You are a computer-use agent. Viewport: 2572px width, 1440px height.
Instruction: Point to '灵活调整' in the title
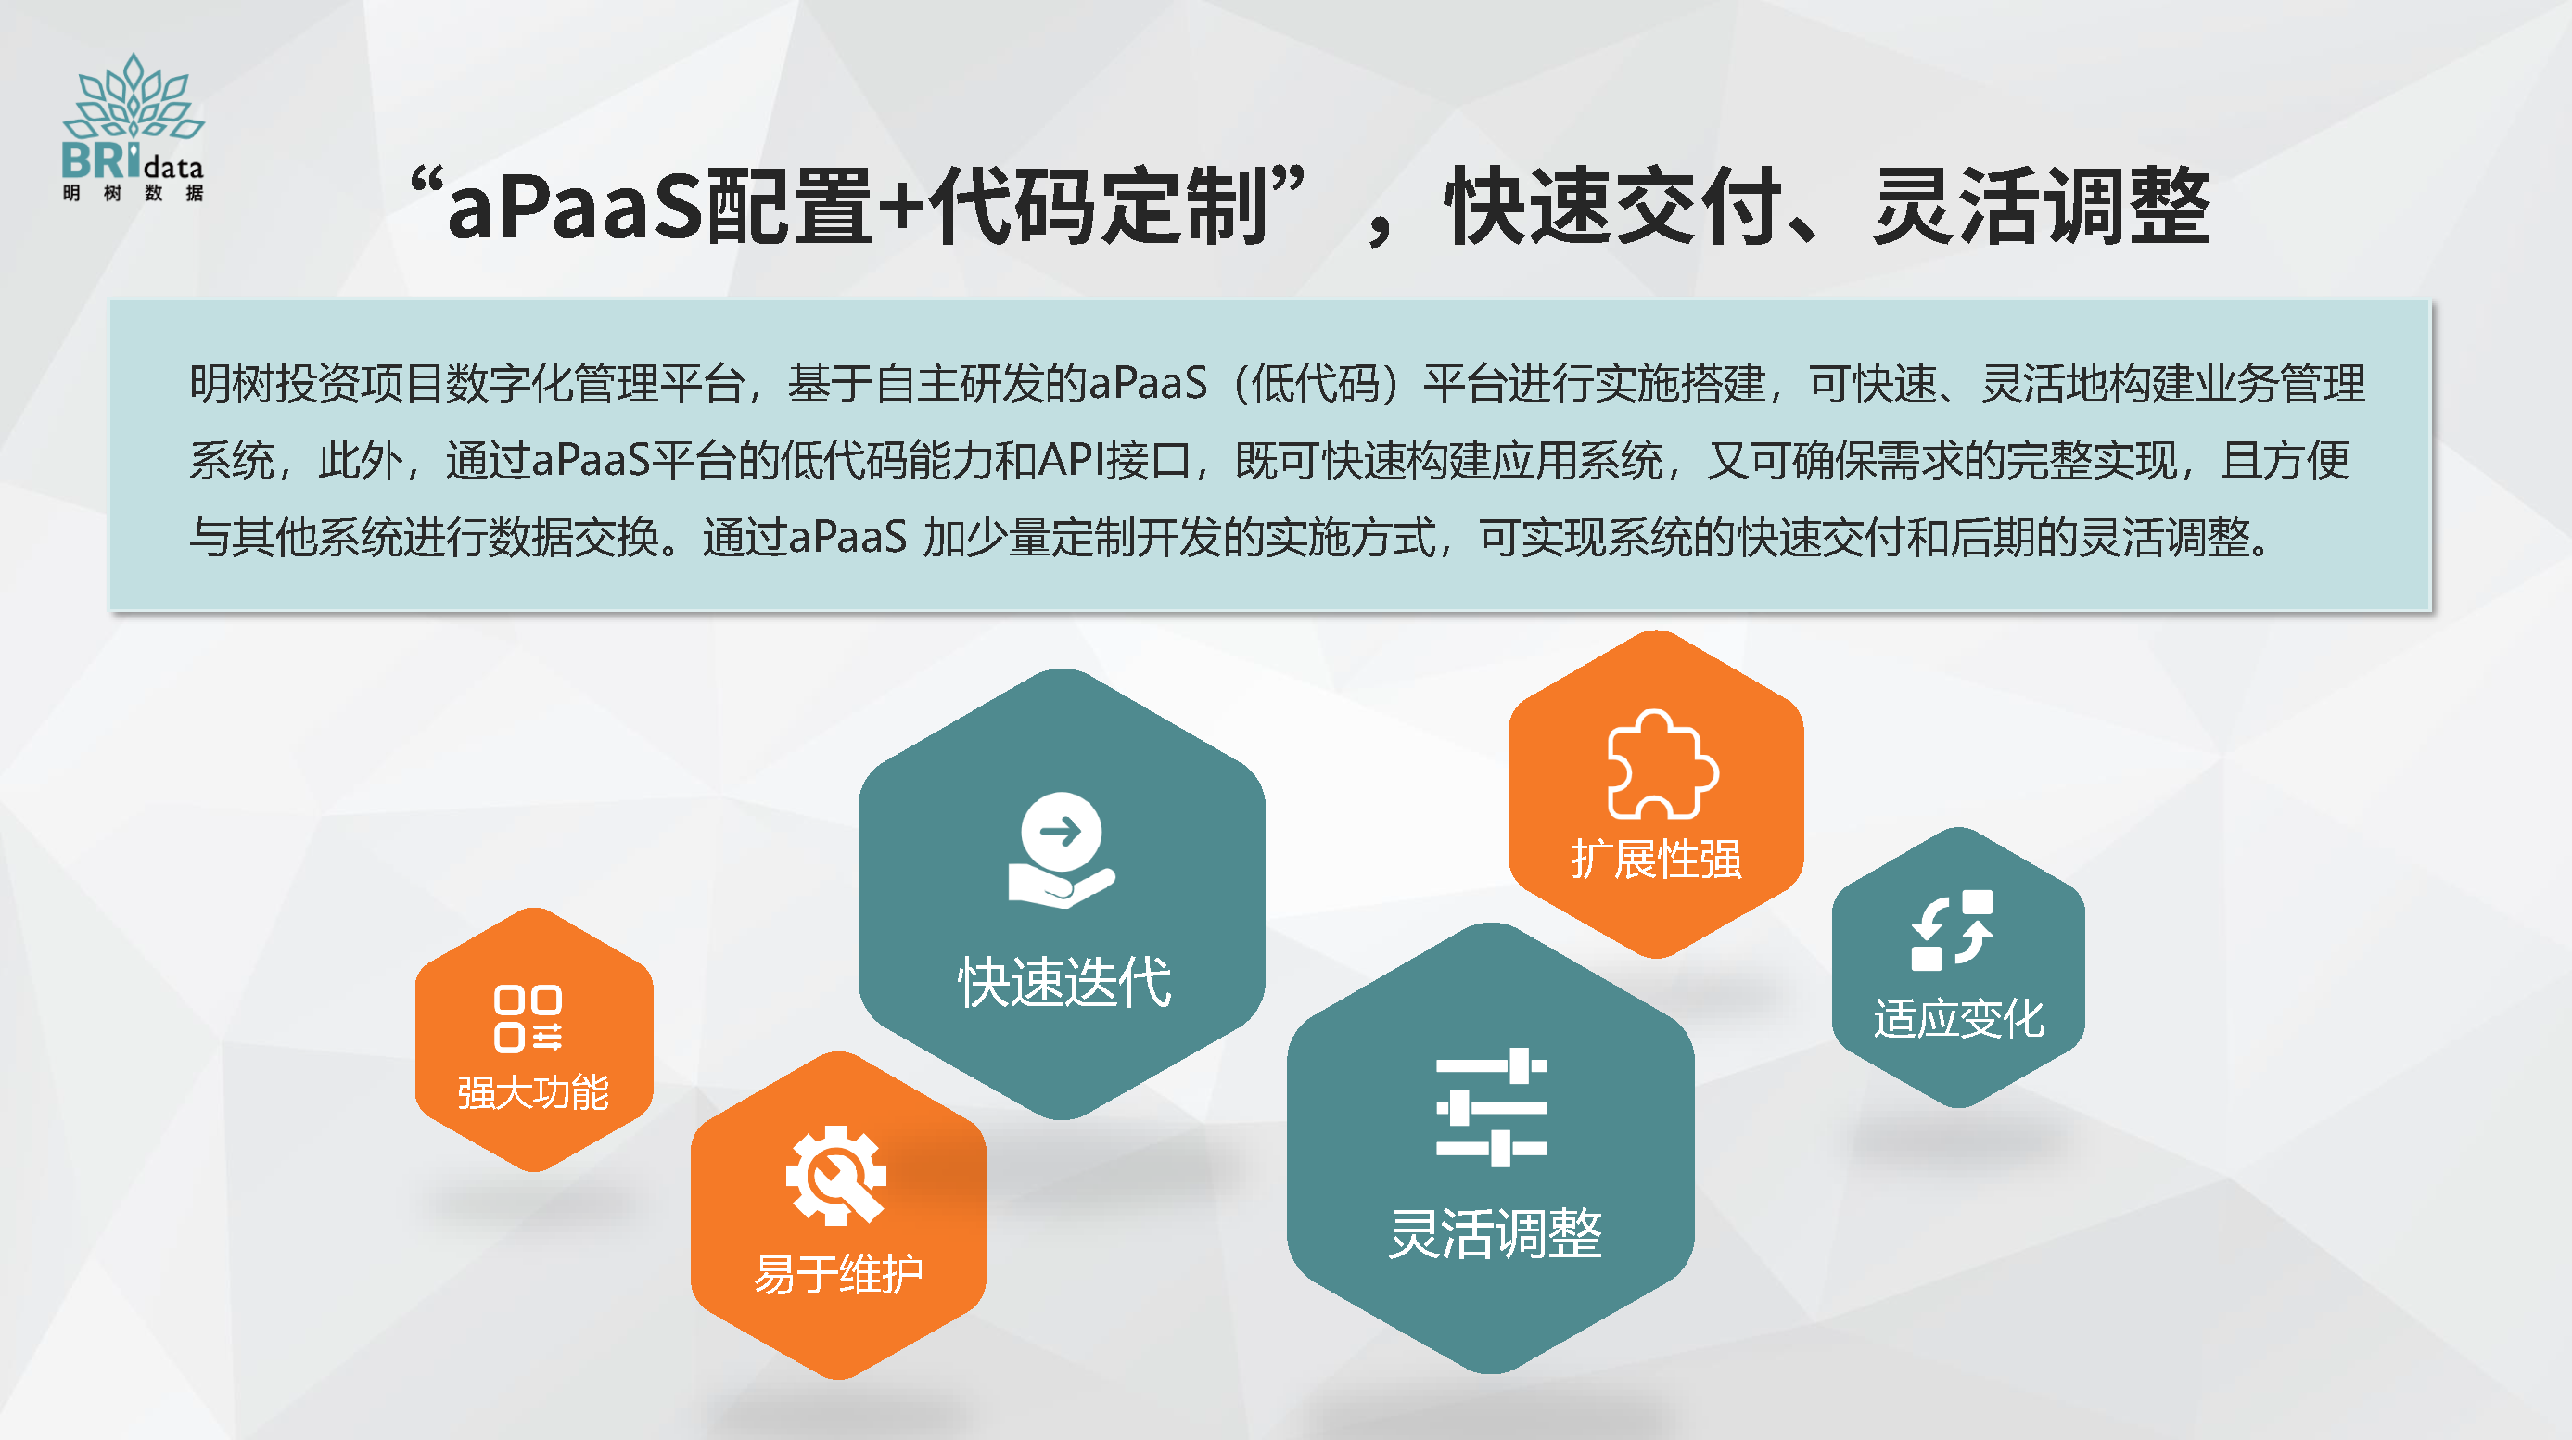coord(2043,206)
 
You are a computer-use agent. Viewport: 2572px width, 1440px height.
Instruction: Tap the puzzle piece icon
coord(1662,765)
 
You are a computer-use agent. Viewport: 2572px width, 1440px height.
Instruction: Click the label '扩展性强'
coord(1657,859)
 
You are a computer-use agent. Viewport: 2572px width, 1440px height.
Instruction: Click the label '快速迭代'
coord(1064,982)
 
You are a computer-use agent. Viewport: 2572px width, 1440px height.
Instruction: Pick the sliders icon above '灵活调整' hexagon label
coord(1491,1106)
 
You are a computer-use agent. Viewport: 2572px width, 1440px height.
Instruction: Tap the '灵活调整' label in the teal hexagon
coord(1495,1233)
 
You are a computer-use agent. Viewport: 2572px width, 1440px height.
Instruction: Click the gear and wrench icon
coord(835,1176)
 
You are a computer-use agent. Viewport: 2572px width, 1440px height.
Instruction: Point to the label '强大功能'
coord(533,1092)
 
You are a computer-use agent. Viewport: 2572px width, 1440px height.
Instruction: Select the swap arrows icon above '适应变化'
coord(1952,930)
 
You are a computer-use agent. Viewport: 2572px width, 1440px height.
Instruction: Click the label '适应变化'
coord(1959,1019)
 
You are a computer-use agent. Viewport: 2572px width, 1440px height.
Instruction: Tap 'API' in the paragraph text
coord(1069,460)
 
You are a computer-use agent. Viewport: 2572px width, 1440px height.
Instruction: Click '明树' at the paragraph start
coord(232,384)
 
